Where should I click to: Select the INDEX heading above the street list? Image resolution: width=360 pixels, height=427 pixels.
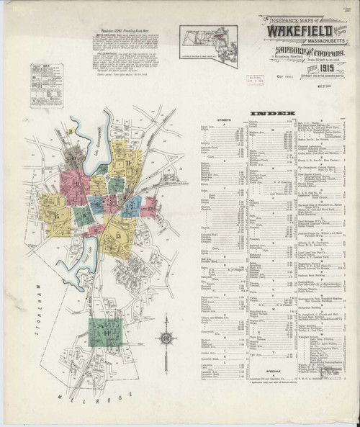coord(273,114)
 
